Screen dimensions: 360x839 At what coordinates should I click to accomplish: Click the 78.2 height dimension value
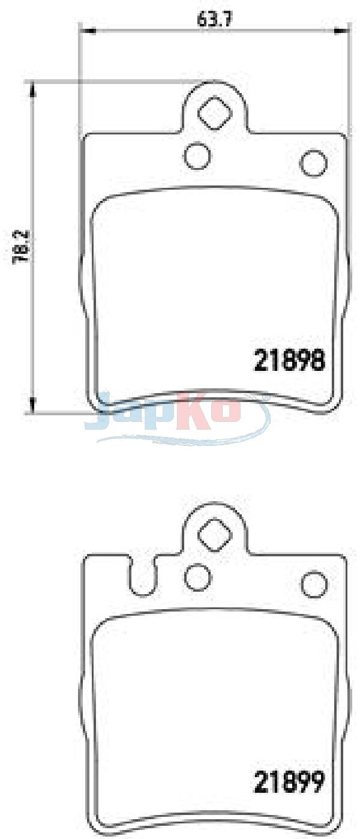click(x=22, y=248)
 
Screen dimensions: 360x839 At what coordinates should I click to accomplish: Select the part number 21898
click(x=289, y=360)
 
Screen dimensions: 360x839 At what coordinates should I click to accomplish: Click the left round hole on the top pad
click(x=197, y=155)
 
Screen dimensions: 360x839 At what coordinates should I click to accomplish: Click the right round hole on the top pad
click(x=314, y=163)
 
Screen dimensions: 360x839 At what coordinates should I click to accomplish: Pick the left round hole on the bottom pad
click(x=198, y=577)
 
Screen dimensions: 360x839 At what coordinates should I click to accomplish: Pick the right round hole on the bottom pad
click(x=314, y=585)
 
